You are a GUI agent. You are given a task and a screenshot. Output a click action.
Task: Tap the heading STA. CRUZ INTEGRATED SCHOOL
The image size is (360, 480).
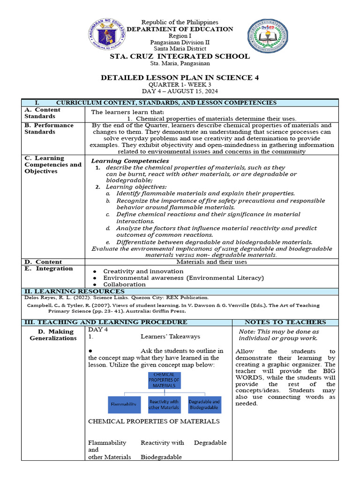180,56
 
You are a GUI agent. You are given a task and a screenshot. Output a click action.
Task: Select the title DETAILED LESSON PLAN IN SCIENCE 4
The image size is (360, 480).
180,77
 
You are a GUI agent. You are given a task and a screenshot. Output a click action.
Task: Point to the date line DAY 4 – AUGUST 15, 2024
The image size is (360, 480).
180,91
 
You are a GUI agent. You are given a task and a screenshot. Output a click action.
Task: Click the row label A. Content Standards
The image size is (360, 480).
42,113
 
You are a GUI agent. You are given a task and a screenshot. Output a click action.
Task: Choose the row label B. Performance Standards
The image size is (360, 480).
49,128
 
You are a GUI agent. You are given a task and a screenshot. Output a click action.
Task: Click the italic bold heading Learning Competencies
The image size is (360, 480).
130,161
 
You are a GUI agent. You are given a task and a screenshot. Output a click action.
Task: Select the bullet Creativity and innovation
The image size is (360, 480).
143,271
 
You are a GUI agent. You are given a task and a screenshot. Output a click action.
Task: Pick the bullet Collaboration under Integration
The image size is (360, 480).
124,284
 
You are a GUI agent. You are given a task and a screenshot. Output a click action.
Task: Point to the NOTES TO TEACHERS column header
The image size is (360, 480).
285,322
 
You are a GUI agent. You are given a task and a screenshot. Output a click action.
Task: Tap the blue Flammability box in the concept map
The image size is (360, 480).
123,404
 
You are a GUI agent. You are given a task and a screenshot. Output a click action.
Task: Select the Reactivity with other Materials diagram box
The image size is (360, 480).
164,404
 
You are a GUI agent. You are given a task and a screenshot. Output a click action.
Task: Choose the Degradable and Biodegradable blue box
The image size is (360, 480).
204,404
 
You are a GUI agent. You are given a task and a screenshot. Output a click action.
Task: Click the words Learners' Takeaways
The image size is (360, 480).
170,336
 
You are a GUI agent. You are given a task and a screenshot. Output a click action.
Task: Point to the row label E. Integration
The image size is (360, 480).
49,269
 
